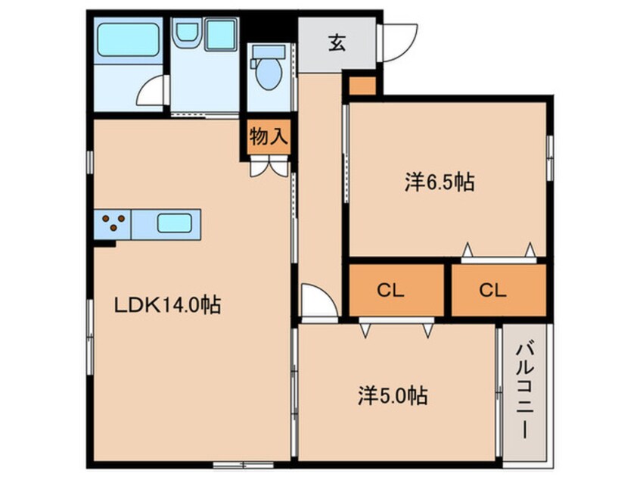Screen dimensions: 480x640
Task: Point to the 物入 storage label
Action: [269, 136]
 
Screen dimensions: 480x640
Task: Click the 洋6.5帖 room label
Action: [440, 182]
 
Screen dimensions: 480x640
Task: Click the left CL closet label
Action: [393, 290]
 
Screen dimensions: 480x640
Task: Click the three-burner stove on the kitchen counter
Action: [113, 223]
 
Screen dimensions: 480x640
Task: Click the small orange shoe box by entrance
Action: [362, 86]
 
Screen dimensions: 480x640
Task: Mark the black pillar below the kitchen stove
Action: [105, 242]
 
